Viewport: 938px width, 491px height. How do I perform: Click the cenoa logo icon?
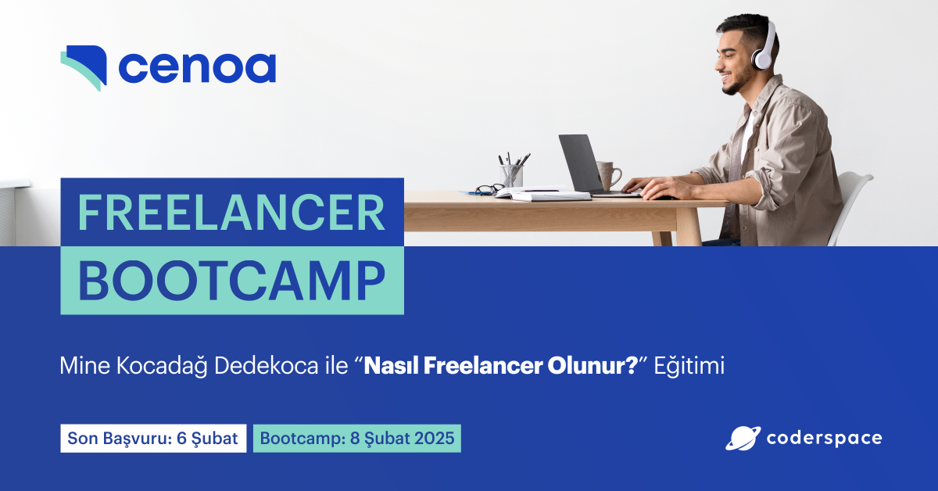tap(83, 66)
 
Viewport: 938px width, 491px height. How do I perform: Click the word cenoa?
tap(197, 68)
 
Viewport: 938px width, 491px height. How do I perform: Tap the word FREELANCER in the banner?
tap(232, 211)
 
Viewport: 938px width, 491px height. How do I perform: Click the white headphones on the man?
tap(763, 48)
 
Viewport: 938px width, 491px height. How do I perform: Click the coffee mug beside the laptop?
tap(607, 175)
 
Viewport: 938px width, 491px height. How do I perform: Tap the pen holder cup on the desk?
tap(512, 174)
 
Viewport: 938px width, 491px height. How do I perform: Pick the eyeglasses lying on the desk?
tap(489, 189)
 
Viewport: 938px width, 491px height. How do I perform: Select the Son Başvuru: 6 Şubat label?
tap(153, 438)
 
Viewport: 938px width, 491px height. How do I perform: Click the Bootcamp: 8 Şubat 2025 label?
tap(356, 438)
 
